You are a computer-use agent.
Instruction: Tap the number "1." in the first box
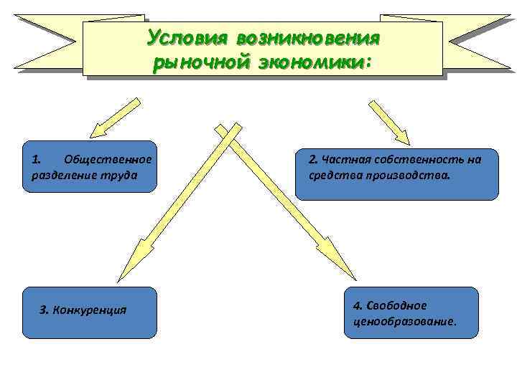point(38,159)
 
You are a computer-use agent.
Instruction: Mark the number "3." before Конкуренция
point(45,310)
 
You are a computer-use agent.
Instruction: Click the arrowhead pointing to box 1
point(98,128)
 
